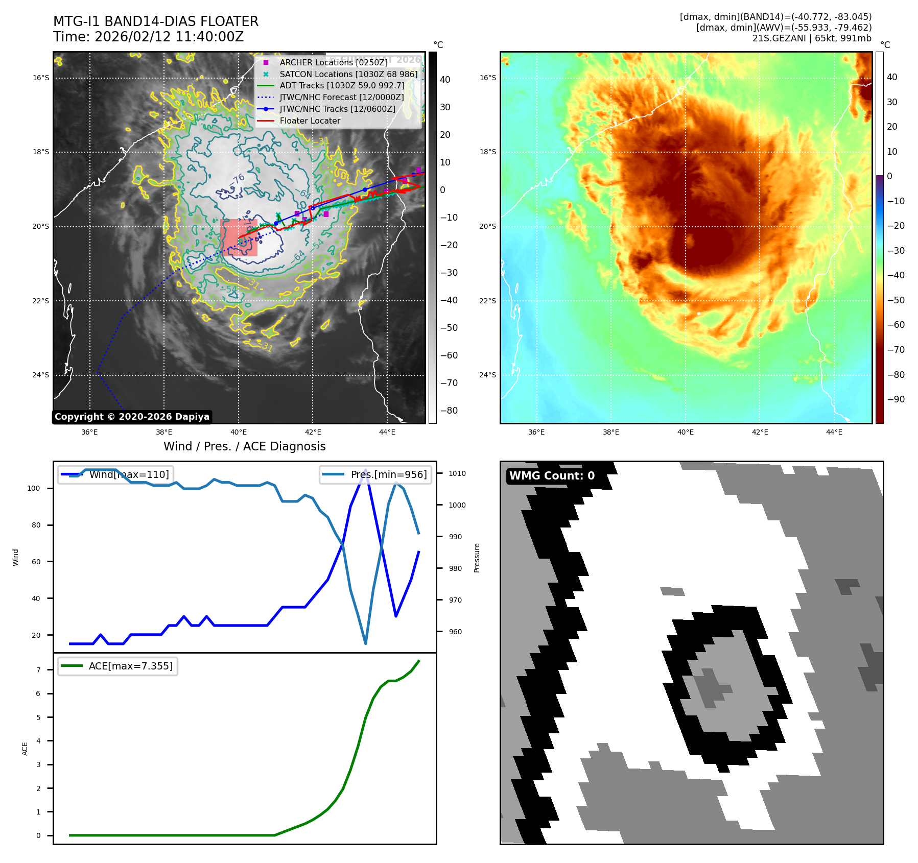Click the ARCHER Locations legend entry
(x=333, y=62)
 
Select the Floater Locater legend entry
(x=310, y=121)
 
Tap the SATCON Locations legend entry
(x=348, y=74)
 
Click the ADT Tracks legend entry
(x=341, y=86)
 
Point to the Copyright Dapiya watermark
(x=132, y=417)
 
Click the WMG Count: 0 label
(x=552, y=476)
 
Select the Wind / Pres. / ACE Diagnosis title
(x=244, y=446)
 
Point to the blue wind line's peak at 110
(x=365, y=469)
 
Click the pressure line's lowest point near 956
(x=365, y=643)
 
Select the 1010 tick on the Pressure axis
(x=457, y=473)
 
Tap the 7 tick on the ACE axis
(x=38, y=670)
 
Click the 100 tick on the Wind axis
(x=33, y=488)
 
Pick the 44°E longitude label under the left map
(x=387, y=432)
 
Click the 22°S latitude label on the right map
(x=487, y=301)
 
